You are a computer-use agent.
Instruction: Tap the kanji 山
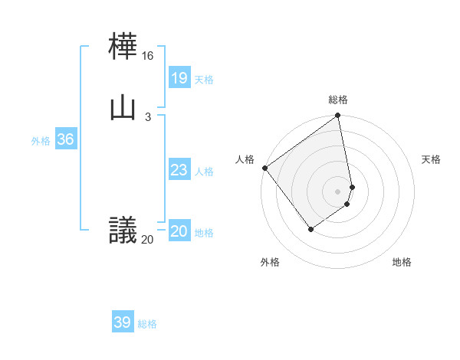(x=123, y=107)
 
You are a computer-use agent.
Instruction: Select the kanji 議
(x=123, y=230)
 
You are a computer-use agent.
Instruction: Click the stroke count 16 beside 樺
(x=148, y=56)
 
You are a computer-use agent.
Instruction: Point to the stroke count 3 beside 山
(x=148, y=116)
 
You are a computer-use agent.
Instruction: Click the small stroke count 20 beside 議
(x=147, y=240)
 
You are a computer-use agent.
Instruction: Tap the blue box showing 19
(x=179, y=77)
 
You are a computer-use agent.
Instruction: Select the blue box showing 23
(x=179, y=170)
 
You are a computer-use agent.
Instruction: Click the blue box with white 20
(x=179, y=231)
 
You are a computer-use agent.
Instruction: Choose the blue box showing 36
(x=65, y=139)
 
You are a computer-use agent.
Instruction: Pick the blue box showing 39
(x=122, y=322)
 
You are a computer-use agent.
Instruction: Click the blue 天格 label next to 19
(x=204, y=80)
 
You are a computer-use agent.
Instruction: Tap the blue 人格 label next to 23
(x=204, y=172)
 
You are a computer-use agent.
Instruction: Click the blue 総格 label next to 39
(x=147, y=324)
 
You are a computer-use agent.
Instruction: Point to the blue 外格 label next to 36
(x=41, y=141)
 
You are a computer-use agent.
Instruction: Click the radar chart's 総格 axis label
(x=338, y=100)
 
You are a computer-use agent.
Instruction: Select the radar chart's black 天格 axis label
(x=432, y=159)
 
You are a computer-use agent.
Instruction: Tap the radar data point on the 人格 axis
(x=264, y=168)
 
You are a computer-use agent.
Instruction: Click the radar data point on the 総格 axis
(x=338, y=116)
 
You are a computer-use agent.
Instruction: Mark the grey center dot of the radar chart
(x=338, y=191)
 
